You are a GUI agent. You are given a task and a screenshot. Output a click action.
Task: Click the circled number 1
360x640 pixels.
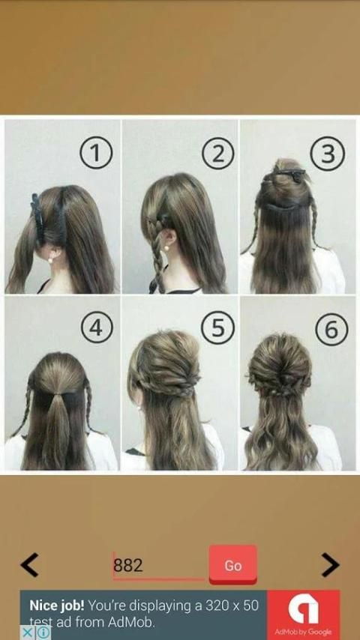95,154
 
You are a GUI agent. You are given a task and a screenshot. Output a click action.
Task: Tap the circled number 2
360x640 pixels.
218,154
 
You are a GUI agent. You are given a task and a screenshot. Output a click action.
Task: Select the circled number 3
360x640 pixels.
327,154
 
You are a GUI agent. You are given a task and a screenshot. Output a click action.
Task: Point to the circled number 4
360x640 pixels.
97,327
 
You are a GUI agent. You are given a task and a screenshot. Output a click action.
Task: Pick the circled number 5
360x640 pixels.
217,328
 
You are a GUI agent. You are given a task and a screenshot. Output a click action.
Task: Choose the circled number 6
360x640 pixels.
331,330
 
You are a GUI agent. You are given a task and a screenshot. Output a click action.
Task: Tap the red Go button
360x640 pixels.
233,565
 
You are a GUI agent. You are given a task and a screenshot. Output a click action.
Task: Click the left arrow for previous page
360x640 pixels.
29,565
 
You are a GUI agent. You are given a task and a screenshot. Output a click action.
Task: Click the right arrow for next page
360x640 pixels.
330,565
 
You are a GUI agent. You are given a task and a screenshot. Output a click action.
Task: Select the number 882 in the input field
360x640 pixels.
128,565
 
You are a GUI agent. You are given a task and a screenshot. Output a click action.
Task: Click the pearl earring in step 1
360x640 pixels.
51,259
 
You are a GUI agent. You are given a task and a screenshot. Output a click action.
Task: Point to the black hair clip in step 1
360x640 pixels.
37,217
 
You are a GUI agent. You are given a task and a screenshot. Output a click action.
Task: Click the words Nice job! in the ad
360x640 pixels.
57,606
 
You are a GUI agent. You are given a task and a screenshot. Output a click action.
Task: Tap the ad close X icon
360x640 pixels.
26,633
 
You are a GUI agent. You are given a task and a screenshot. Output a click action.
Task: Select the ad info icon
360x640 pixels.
43,633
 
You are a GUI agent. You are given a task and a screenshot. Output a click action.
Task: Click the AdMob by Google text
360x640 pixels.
303,633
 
